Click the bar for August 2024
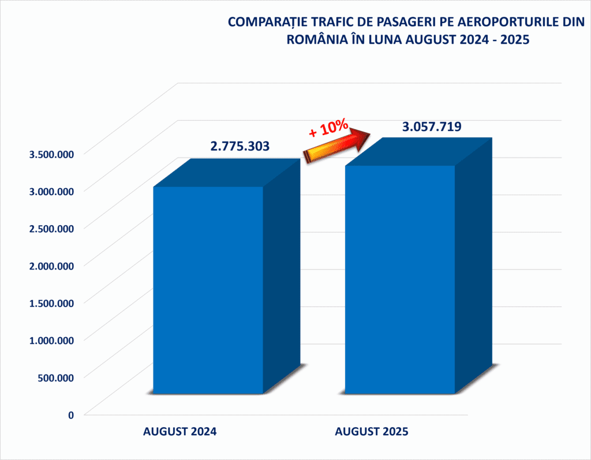[208, 289]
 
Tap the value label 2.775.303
[240, 146]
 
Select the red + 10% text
[328, 128]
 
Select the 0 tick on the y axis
[71, 414]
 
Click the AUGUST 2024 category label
[179, 432]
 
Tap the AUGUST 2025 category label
[372, 432]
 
